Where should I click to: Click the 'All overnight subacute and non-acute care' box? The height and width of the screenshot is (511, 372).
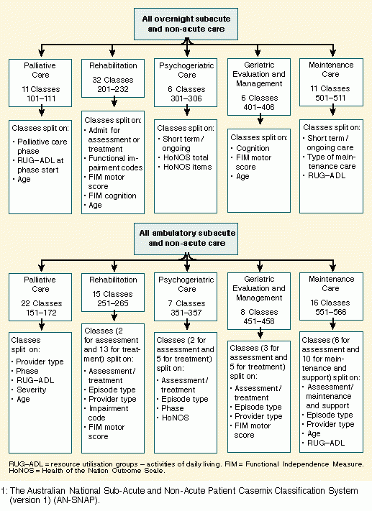pyautogui.click(x=186, y=24)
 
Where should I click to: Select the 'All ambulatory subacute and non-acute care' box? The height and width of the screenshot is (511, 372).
pyautogui.click(x=186, y=239)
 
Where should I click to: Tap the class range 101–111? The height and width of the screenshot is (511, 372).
pyautogui.click(x=41, y=98)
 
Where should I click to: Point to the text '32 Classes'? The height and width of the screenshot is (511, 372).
pyautogui.click(x=112, y=80)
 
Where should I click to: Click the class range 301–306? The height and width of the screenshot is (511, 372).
pyautogui.click(x=186, y=98)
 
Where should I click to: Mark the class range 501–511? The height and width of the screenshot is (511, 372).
pyautogui.click(x=330, y=98)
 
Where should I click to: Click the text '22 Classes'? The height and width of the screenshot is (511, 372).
pyautogui.click(x=42, y=303)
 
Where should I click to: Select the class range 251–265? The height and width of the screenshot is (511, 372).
pyautogui.click(x=113, y=303)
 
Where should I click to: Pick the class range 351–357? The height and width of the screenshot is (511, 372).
pyautogui.click(x=186, y=313)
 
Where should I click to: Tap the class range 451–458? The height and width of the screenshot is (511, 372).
pyautogui.click(x=260, y=321)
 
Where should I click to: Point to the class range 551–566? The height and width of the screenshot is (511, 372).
pyautogui.click(x=330, y=312)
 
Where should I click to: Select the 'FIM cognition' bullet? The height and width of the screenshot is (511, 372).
pyautogui.click(x=110, y=196)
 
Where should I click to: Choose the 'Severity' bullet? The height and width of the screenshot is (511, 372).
pyautogui.click(x=29, y=390)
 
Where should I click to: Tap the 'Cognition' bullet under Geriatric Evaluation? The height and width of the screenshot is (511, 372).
pyautogui.click(x=250, y=148)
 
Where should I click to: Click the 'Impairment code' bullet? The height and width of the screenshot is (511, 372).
pyautogui.click(x=106, y=413)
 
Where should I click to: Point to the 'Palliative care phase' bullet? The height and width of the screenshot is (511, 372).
pyautogui.click(x=40, y=147)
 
